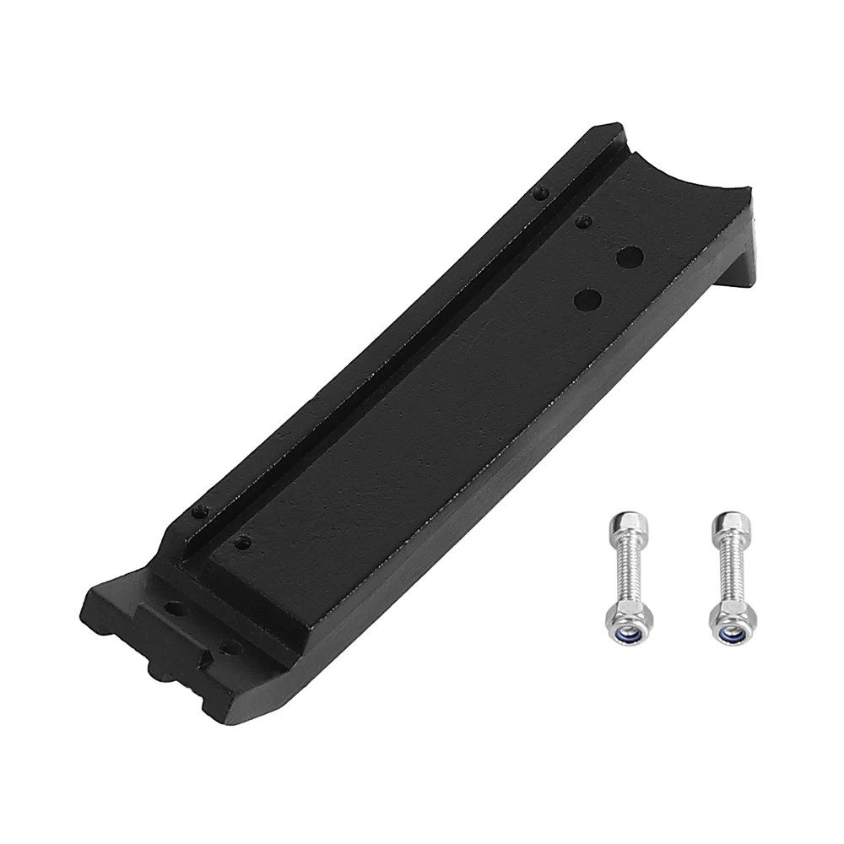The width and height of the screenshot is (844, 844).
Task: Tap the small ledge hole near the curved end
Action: click(x=541, y=193)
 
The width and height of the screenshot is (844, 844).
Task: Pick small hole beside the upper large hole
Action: click(x=582, y=222)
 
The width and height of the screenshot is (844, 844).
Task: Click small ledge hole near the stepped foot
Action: click(x=200, y=511)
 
